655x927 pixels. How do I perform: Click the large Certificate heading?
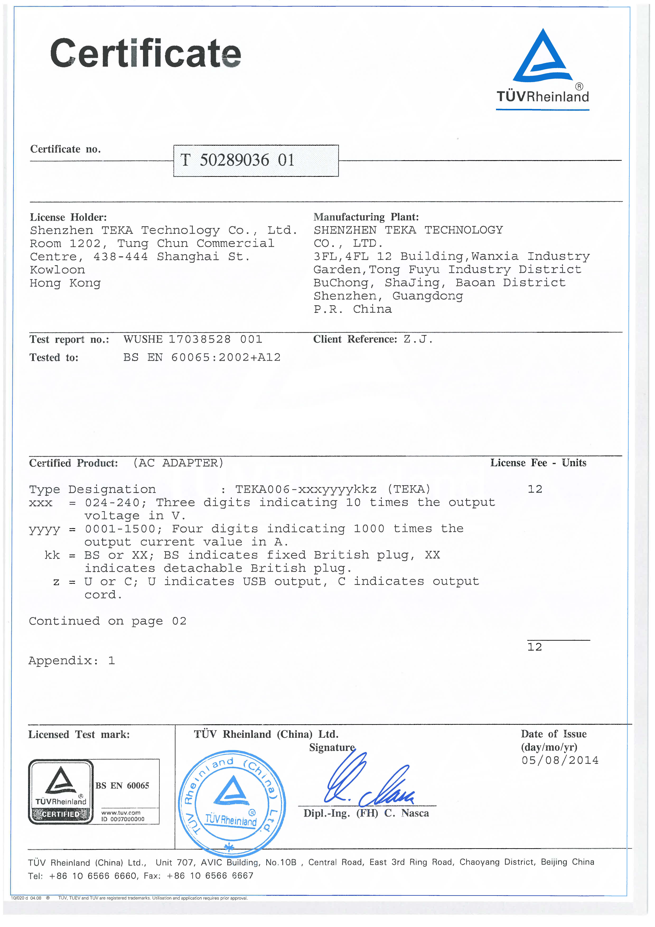(145, 54)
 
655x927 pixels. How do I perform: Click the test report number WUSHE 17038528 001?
(193, 339)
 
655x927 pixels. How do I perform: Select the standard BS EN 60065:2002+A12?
(202, 357)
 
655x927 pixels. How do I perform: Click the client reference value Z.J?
(418, 339)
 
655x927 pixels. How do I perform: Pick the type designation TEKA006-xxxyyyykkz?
(306, 489)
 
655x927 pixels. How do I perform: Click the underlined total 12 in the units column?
(535, 647)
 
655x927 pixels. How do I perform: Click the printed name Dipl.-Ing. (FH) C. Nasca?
(366, 813)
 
